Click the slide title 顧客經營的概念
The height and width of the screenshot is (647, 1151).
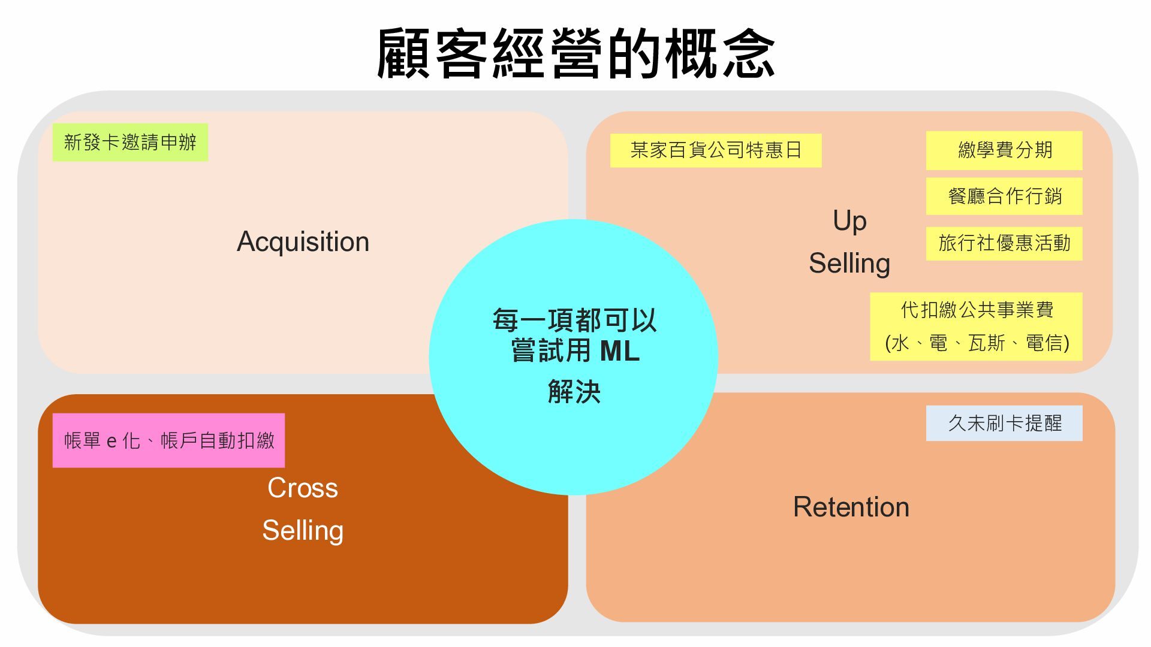pos(575,54)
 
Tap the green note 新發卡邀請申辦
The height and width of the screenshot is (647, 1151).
pos(130,143)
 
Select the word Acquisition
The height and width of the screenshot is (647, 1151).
pos(303,241)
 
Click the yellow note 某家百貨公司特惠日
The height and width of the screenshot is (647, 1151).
pos(716,150)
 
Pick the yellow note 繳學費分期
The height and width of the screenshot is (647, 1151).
pos(1005,150)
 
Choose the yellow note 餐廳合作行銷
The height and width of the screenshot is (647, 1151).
pos(1005,196)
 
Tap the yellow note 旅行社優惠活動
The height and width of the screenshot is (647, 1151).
pos(1005,243)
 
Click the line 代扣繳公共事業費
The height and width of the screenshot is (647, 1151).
pos(977,310)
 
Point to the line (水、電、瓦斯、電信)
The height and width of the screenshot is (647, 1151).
pos(977,343)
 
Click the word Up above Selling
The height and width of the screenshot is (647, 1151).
pos(849,220)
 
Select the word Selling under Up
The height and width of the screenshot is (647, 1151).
pos(849,263)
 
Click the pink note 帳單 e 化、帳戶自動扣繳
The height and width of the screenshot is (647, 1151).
pos(168,441)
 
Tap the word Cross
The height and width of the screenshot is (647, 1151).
pos(303,488)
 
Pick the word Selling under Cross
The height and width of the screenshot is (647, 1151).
pos(303,530)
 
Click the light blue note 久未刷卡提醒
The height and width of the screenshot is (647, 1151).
pos(1005,424)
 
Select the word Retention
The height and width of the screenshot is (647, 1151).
pos(851,507)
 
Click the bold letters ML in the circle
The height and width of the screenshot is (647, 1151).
pos(620,351)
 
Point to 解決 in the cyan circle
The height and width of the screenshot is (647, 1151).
pos(574,392)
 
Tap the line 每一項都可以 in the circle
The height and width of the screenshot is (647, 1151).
pos(574,321)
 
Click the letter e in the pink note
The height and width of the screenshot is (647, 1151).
pos(112,442)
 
